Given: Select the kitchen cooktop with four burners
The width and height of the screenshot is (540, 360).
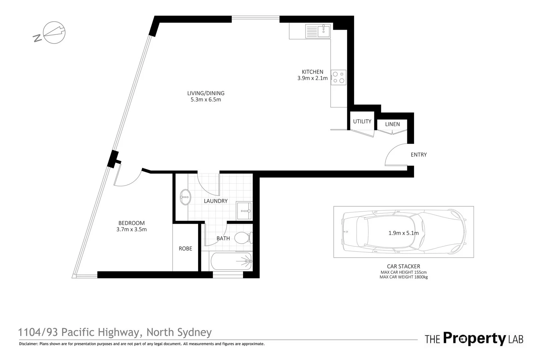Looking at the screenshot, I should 338,77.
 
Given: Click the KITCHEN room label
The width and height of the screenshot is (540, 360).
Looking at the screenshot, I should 312,72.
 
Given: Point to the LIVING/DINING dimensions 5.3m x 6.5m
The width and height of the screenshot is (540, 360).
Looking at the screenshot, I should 206,100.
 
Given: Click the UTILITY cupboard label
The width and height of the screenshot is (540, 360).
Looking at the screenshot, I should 362,121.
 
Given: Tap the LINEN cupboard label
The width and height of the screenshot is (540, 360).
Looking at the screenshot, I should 392,124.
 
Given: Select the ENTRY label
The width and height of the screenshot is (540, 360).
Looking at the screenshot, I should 419,155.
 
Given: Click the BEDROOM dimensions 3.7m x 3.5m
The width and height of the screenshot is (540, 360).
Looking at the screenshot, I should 131,229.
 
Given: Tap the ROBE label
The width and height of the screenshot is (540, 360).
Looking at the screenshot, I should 185,249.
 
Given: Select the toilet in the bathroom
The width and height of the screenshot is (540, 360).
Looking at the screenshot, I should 243,238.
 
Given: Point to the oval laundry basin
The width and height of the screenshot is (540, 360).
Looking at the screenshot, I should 185,197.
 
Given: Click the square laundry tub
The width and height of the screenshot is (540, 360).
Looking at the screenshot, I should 244,211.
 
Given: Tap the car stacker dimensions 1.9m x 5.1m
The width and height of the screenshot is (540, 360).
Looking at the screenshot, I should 403,233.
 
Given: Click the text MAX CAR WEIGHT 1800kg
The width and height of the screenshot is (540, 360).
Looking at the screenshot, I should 403,277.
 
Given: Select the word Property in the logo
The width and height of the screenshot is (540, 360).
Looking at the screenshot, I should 474,339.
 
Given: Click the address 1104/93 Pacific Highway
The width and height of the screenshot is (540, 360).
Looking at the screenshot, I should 78,332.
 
